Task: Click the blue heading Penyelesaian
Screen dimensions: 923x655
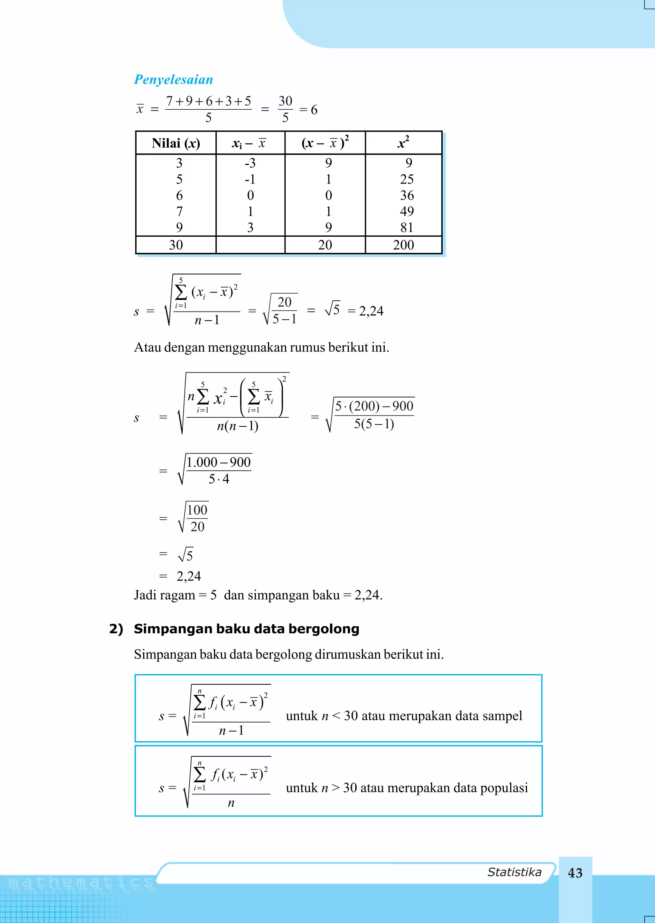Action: (x=173, y=79)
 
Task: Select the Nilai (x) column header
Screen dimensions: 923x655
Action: (x=176, y=143)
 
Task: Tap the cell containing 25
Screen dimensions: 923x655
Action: (x=406, y=179)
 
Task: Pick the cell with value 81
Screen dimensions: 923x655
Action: (x=406, y=227)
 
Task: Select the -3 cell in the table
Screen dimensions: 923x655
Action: (x=250, y=163)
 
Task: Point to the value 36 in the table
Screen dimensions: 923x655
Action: (x=406, y=195)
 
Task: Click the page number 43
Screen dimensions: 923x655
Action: (x=575, y=873)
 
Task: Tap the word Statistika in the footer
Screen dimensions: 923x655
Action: (x=514, y=872)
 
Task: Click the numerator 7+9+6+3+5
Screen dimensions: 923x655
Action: (x=208, y=101)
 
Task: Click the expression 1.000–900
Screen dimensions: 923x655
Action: (x=219, y=462)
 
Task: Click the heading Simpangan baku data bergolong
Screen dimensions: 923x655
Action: (x=247, y=629)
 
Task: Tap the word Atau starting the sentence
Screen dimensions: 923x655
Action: (x=148, y=347)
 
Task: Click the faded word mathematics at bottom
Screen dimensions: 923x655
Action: (x=81, y=883)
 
